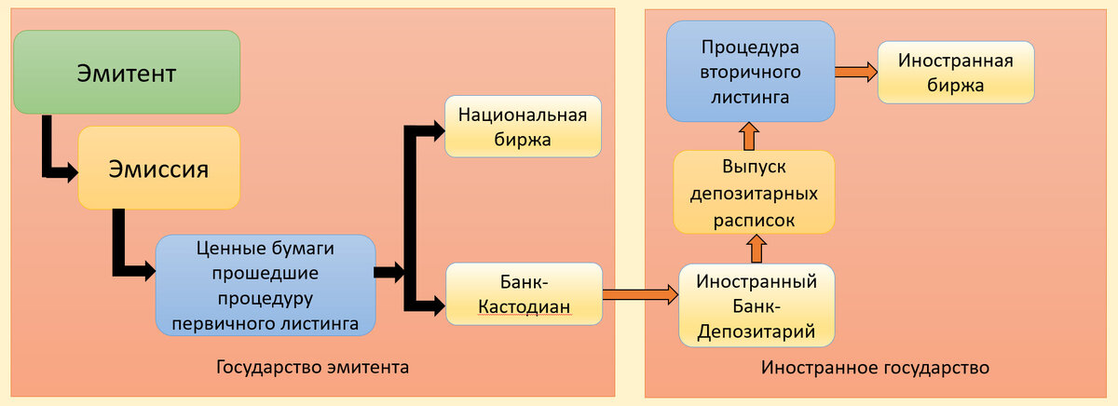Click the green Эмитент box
pyautogui.click(x=127, y=74)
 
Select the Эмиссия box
pyautogui.click(x=158, y=169)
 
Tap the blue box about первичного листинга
pyautogui.click(x=266, y=286)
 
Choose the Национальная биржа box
pyautogui.click(x=523, y=128)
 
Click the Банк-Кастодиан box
pyautogui.click(x=524, y=293)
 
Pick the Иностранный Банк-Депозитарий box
pyautogui.click(x=756, y=304)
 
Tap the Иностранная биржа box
pyautogui.click(x=955, y=73)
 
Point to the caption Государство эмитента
pyautogui.click(x=312, y=367)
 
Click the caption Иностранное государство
pyautogui.click(x=874, y=367)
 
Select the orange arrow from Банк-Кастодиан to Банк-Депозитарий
pyautogui.click(x=641, y=294)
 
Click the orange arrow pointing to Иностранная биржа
pyautogui.click(x=855, y=72)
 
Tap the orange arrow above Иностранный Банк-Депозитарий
pyautogui.click(x=756, y=248)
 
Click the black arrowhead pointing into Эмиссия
pyautogui.click(x=68, y=172)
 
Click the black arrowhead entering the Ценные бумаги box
pyautogui.click(x=145, y=271)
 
